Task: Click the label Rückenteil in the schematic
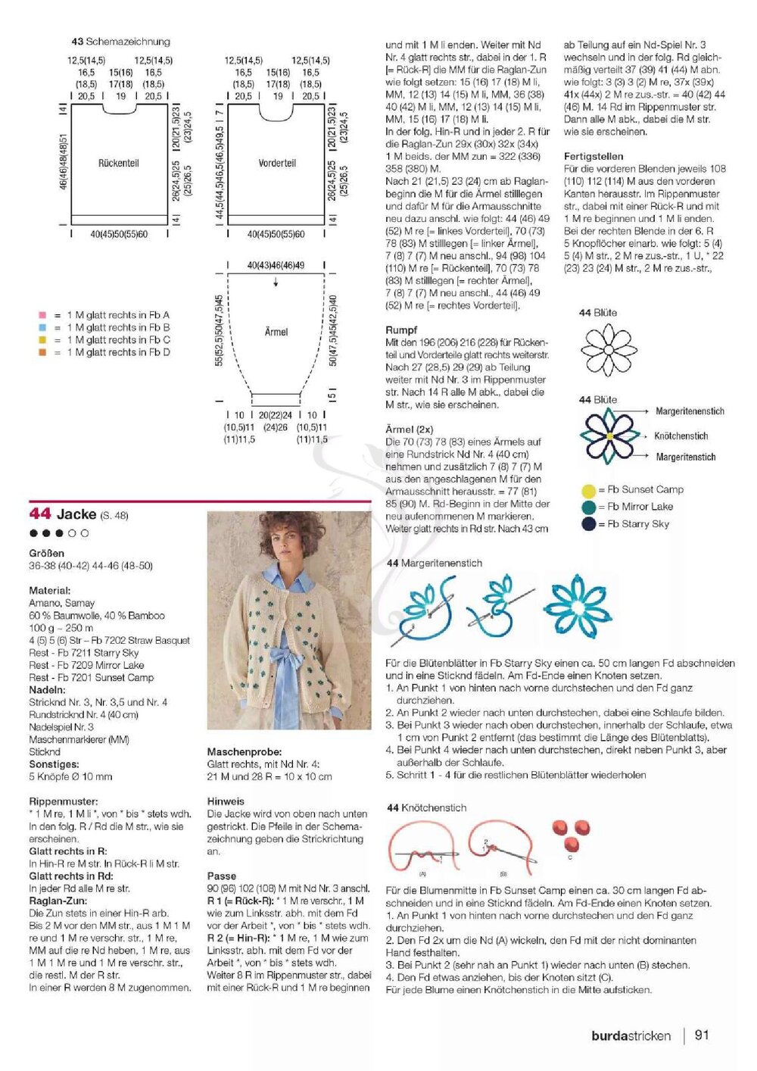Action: [119, 163]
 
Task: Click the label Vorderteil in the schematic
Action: [277, 163]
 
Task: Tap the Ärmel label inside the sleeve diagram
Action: [276, 332]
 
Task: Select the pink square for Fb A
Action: [42, 315]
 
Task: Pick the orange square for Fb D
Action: [42, 352]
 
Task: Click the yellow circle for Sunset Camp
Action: [588, 490]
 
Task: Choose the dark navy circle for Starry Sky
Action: [588, 524]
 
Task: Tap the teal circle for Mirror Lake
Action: [588, 507]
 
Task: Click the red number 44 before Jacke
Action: [39, 514]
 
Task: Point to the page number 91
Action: [702, 1035]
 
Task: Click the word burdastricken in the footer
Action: [631, 1036]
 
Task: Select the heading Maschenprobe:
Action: [245, 752]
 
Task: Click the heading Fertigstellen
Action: [593, 157]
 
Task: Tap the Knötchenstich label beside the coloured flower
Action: [681, 436]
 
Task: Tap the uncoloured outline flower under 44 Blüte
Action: [609, 350]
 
